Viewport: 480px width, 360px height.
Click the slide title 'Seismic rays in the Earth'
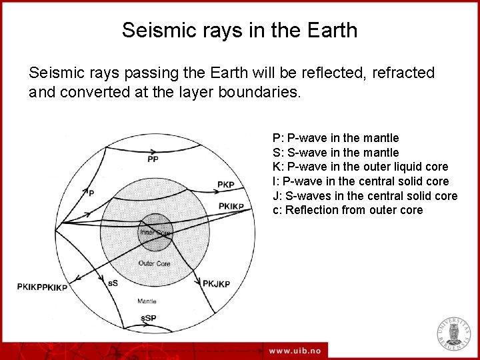(239, 30)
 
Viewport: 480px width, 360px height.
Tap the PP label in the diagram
(153, 159)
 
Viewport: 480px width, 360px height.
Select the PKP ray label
(226, 185)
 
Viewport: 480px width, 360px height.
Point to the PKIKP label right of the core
(231, 207)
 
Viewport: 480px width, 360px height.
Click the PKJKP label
(217, 284)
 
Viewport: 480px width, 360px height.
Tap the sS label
(113, 283)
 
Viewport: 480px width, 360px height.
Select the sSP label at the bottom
(148, 319)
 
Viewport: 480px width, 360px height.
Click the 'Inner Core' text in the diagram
(155, 233)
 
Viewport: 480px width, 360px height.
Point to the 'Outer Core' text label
(155, 263)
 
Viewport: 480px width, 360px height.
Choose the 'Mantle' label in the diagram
(147, 301)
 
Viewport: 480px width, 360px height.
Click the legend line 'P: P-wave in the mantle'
(335, 138)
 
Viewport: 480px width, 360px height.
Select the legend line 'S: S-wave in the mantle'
(335, 153)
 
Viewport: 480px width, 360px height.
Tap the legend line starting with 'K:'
(360, 167)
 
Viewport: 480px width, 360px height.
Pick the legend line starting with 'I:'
(361, 181)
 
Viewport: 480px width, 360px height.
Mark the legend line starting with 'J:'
(365, 196)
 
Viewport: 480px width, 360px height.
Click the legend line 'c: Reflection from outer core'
(347, 211)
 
